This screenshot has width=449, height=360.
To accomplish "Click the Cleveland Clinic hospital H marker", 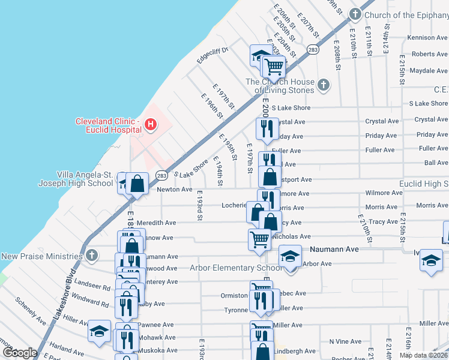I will click(x=151, y=125).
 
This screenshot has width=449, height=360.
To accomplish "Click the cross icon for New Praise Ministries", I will click(x=91, y=256).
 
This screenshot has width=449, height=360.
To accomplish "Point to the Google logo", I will click(x=19, y=352).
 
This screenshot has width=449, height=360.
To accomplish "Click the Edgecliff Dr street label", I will click(x=212, y=55).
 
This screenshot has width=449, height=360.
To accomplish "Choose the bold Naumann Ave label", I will click(x=334, y=249).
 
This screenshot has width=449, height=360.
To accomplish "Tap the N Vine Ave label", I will click(x=345, y=341).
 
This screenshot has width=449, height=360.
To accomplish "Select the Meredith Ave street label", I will click(x=156, y=223).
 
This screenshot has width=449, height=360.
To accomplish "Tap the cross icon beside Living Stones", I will click(x=324, y=85).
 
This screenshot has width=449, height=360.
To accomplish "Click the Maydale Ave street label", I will click(x=429, y=71).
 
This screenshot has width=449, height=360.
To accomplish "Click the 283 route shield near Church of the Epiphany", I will click(x=313, y=50).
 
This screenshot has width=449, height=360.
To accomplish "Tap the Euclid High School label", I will click(x=424, y=184).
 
